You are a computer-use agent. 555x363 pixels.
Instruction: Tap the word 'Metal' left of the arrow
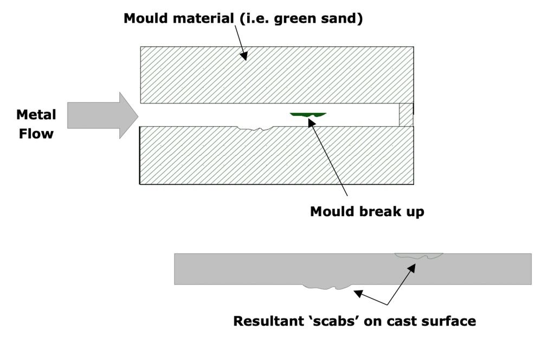[x=36, y=115]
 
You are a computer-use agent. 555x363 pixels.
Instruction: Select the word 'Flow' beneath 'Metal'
[x=36, y=133]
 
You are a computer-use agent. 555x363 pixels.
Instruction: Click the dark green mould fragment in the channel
[x=308, y=114]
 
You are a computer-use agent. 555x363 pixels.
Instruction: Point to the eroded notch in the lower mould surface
[x=255, y=128]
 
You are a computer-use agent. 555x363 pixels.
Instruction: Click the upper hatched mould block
[x=276, y=75]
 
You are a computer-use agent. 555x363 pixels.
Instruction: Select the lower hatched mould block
[x=276, y=157]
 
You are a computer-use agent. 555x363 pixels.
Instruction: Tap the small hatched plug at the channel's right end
[x=406, y=115]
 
